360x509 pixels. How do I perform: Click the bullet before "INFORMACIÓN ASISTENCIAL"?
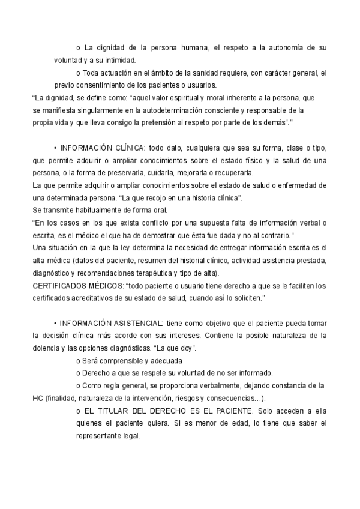pos(55,323)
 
